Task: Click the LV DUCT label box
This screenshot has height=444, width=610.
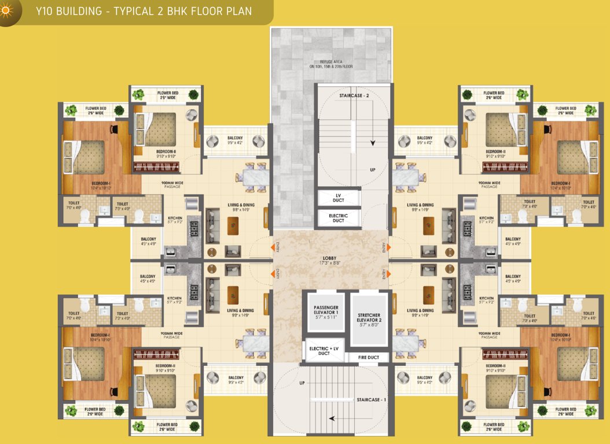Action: [x=339, y=197]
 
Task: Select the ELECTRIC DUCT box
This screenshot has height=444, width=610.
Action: [x=339, y=217]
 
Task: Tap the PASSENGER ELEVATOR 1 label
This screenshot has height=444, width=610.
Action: [x=326, y=310]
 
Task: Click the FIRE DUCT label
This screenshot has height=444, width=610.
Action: [x=369, y=357]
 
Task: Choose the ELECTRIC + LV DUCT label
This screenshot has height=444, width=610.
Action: [x=324, y=350]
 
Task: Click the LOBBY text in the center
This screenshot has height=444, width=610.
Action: [x=330, y=258]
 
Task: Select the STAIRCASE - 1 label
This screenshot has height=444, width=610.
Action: [x=371, y=399]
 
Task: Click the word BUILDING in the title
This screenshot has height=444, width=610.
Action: [x=83, y=10]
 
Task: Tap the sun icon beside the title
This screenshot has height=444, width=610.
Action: [x=7, y=12]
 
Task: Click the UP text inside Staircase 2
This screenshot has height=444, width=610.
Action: [x=372, y=170]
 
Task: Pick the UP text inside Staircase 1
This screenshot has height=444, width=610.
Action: [x=302, y=383]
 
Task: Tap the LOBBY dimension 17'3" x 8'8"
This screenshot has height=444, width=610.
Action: [x=330, y=264]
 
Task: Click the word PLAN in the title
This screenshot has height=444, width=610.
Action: [x=238, y=10]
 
